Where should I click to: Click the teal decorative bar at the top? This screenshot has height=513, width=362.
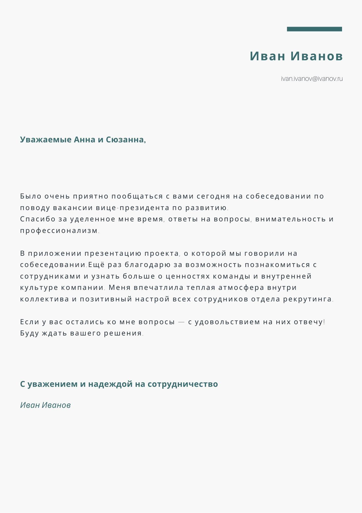click(314, 29)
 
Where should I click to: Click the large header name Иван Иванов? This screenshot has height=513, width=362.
click(296, 56)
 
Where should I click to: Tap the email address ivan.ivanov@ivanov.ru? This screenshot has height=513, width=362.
click(312, 79)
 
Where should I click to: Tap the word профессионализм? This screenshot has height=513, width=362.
click(59, 231)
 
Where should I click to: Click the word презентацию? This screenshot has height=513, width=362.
click(113, 253)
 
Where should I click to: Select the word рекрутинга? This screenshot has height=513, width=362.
click(307, 299)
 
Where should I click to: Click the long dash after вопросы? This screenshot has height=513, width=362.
click(181, 322)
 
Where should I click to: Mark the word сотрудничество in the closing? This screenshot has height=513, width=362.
click(183, 384)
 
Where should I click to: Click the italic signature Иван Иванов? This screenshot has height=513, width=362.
click(45, 405)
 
